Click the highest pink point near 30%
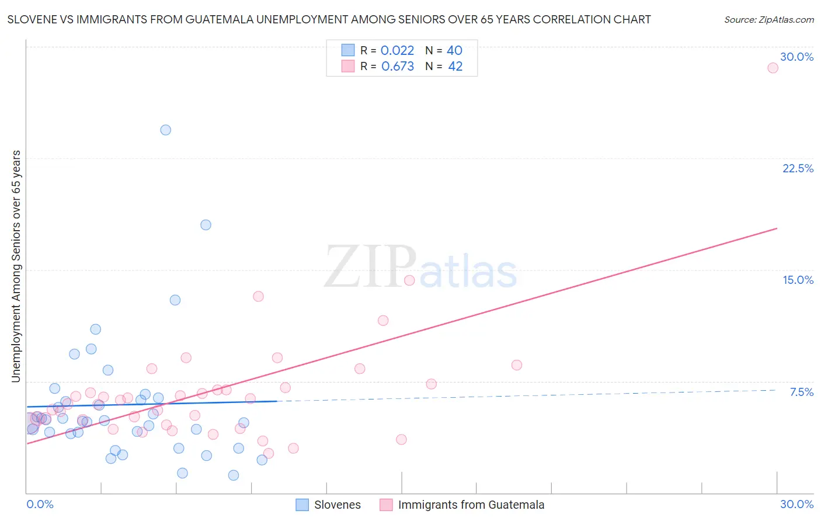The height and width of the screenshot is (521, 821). (773, 68)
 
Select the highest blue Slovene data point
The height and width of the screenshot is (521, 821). (166, 130)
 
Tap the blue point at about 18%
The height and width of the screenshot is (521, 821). (206, 225)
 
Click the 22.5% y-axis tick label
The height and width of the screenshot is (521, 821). (798, 168)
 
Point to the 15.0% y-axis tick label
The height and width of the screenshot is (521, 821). (798, 280)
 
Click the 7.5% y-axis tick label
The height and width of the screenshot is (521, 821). (801, 392)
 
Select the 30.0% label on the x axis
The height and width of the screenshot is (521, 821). (796, 504)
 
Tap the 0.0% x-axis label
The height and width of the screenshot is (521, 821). (40, 504)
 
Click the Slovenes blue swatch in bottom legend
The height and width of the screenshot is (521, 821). (302, 505)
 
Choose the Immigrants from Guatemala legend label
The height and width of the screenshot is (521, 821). (471, 505)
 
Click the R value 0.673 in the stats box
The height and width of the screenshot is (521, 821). (398, 67)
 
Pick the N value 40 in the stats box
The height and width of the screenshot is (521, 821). (454, 51)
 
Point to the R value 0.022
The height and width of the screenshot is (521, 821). (397, 51)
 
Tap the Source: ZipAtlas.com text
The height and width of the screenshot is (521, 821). (768, 19)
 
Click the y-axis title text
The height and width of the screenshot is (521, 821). (16, 266)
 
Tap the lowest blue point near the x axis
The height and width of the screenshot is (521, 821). (234, 475)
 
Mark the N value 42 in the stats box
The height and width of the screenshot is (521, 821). (455, 67)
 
